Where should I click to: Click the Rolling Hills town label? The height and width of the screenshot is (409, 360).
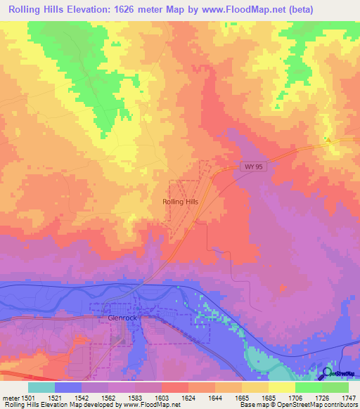(x=181, y=202)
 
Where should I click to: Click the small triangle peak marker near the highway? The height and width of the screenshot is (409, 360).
(x=328, y=140)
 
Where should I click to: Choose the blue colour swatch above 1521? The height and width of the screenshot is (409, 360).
(x=68, y=387)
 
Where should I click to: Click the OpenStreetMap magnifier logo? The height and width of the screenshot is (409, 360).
(x=327, y=372)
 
